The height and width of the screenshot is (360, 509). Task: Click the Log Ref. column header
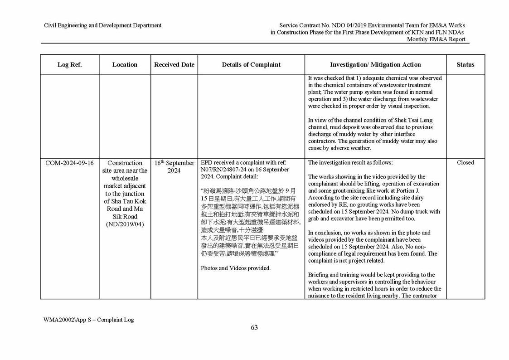pos(69,65)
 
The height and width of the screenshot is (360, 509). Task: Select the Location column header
pos(125,65)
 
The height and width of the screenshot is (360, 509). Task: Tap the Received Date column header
pos(174,65)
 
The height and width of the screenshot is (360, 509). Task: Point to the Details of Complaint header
pos(251,65)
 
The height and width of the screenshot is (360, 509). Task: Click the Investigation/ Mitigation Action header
pos(375,65)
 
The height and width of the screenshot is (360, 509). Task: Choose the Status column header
pos(465,65)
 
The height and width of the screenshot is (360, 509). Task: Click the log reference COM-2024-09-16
pos(69,163)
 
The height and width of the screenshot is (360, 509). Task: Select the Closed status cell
pos(465,163)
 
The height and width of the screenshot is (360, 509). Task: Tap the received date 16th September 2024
pos(174,166)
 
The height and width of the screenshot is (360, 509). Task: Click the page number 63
pos(254,328)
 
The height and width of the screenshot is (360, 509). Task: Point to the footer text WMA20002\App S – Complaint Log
pos(89,320)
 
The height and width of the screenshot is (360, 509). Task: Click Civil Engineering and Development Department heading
pos(102,25)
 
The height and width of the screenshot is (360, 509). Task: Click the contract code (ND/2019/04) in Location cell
pos(125,224)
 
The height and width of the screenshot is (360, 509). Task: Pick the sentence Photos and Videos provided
pos(236,268)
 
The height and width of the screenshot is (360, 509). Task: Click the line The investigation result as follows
pos(350,163)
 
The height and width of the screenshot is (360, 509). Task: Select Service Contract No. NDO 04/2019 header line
pos(372,25)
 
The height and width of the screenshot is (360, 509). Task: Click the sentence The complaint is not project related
pos(346,261)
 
